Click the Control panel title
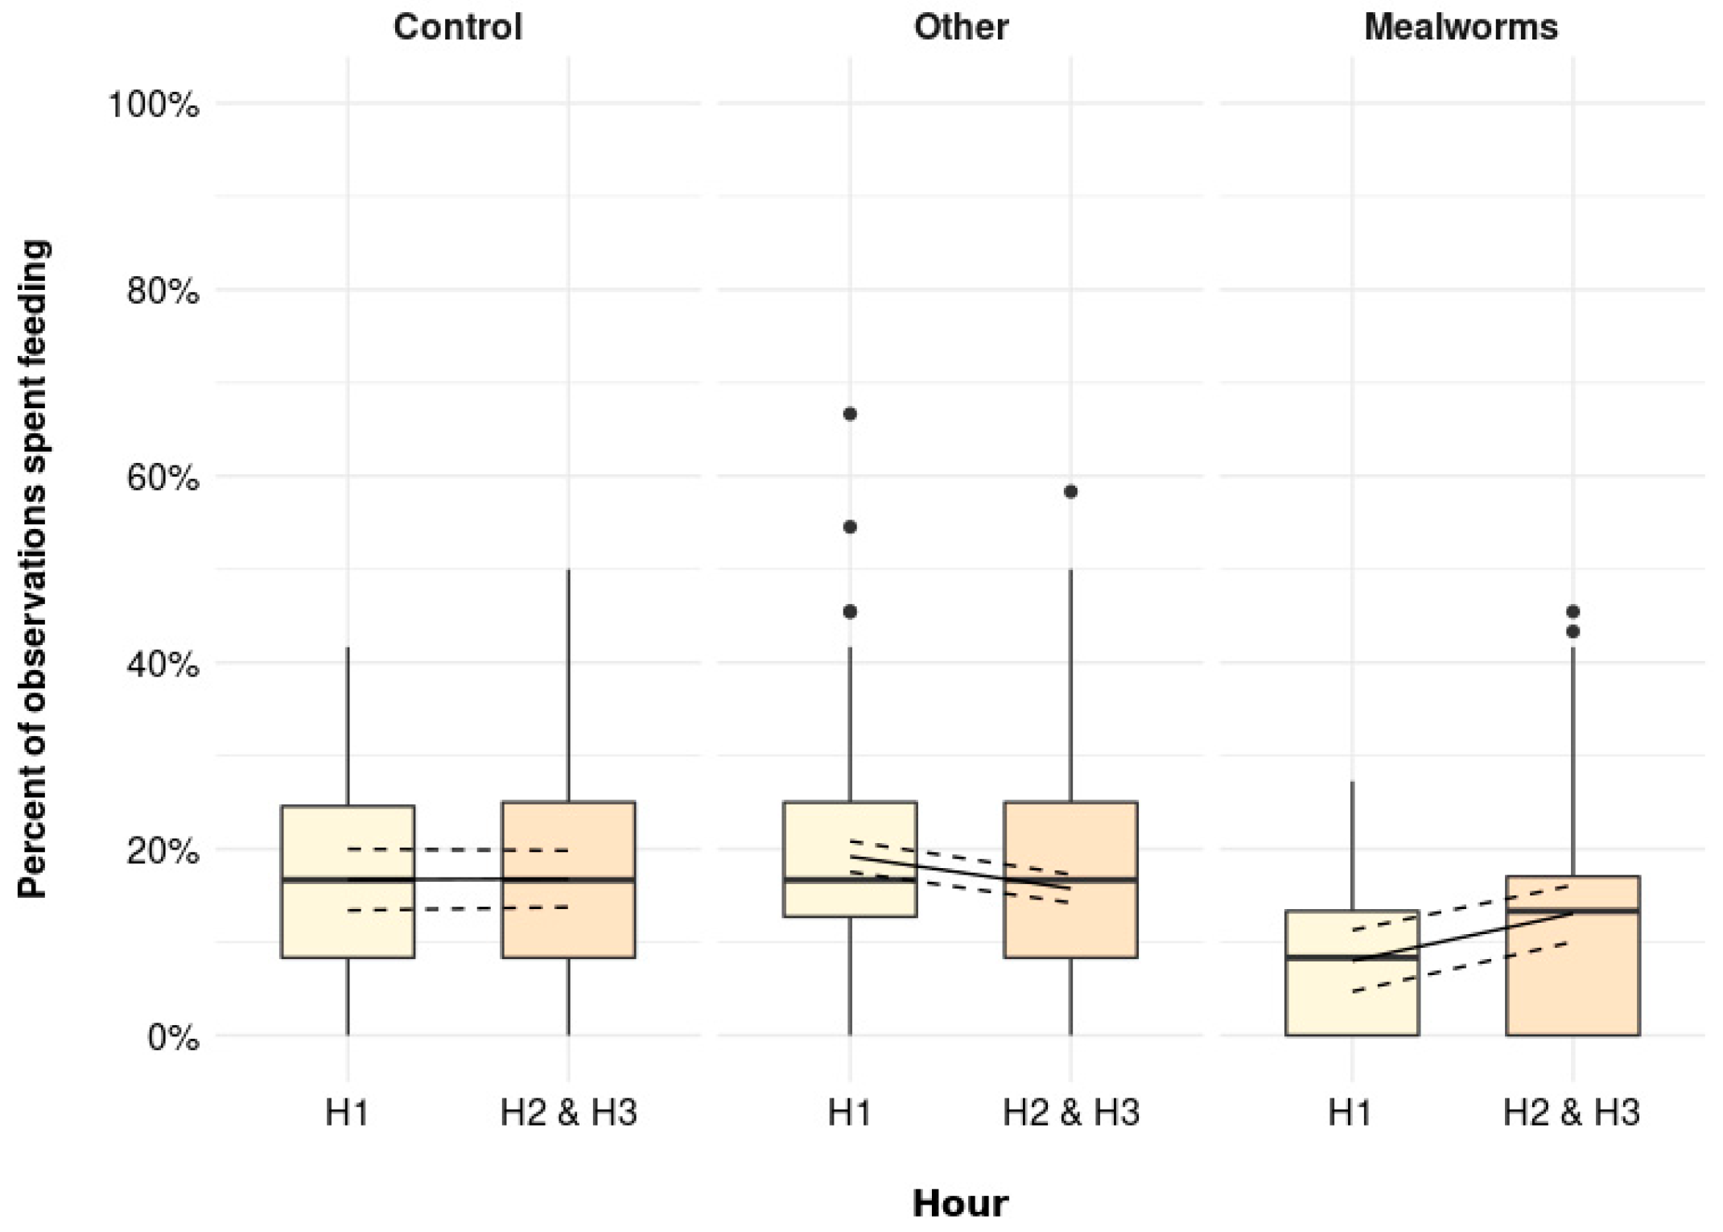click(x=457, y=27)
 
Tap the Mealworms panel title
click(x=1461, y=27)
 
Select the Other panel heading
click(x=960, y=27)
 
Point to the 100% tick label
click(x=154, y=105)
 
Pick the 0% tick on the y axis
click(x=173, y=1037)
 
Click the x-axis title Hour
click(x=960, y=1203)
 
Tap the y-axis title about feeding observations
click(x=34, y=568)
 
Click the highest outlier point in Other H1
click(x=850, y=414)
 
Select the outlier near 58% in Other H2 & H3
click(x=1070, y=491)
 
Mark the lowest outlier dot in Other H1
click(x=850, y=612)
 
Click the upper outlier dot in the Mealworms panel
click(x=1573, y=612)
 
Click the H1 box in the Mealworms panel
click(x=1352, y=998)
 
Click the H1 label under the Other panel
click(x=850, y=1113)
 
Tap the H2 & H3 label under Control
click(x=568, y=1113)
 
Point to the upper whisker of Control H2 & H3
click(x=568, y=684)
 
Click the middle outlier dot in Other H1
click(x=850, y=527)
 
